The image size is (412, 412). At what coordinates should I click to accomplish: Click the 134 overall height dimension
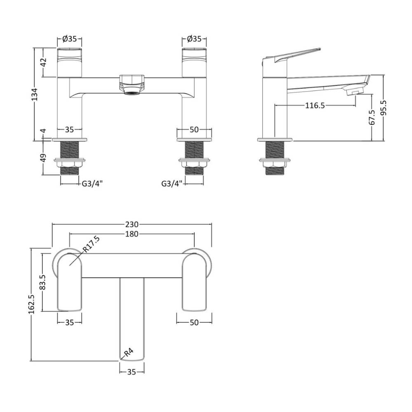coord(35,94)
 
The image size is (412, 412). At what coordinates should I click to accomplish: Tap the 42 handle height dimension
coord(43,62)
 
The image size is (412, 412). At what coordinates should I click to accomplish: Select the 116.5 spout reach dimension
coord(315,105)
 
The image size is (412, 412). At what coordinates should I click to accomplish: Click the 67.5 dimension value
coord(372,117)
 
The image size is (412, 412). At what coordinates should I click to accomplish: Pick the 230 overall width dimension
coord(132,225)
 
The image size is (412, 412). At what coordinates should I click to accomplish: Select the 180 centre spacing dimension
coord(132,234)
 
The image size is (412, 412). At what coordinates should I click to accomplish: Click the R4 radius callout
coord(129,352)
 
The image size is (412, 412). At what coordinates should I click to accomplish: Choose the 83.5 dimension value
coord(43,282)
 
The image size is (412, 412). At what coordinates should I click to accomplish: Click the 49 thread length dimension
coord(43,158)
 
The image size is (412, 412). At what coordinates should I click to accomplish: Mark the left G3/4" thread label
coord(92,184)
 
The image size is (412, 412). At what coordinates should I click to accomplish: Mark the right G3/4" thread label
coord(171,184)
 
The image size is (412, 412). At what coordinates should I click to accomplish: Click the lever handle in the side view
coord(292,56)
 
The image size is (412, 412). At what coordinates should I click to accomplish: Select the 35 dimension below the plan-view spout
coord(132,372)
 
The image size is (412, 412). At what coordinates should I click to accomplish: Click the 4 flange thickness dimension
coord(44,131)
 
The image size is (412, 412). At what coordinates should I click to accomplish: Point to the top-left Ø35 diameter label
coord(70,39)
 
